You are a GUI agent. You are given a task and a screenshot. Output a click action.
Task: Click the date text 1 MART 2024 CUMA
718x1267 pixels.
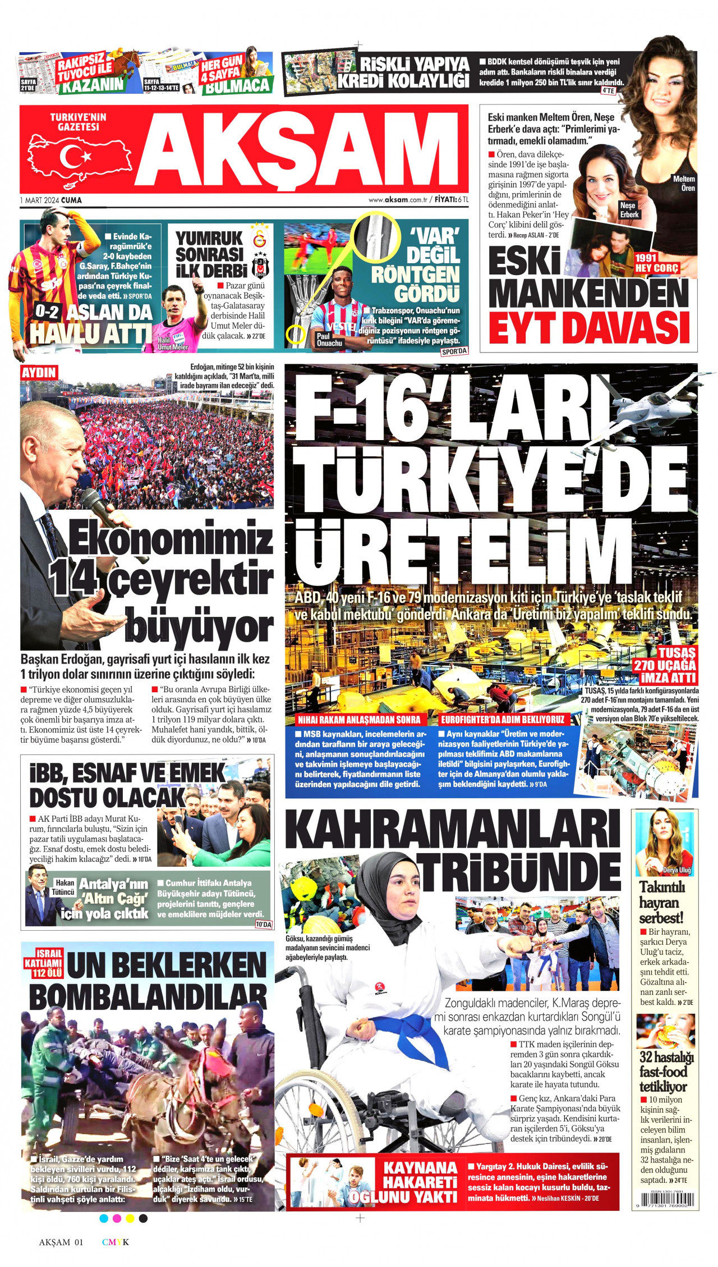(x=50, y=200)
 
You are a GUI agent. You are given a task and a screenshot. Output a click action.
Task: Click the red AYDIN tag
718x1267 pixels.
(x=39, y=372)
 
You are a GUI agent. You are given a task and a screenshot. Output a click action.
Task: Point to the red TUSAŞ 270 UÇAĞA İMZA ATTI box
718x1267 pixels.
(x=664, y=665)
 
